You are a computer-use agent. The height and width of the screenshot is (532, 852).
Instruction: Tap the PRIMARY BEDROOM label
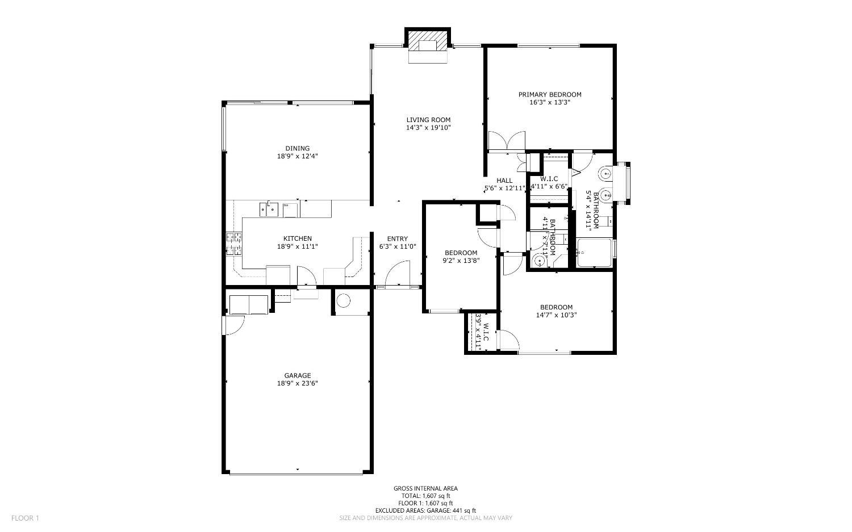tap(549, 95)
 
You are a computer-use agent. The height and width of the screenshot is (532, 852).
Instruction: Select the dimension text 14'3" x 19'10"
tap(428, 128)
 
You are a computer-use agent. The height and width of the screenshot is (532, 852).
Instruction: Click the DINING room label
tap(298, 148)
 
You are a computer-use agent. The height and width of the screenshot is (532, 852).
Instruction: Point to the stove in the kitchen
tap(234, 244)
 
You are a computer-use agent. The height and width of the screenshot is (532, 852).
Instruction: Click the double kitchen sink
tap(269, 210)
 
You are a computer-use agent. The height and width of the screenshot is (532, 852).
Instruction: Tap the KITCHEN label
tap(298, 238)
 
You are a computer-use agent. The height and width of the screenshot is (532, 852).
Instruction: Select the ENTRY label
tap(397, 238)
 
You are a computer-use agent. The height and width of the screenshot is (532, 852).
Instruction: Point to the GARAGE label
tap(298, 375)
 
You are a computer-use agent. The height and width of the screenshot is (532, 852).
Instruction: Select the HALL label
tap(504, 181)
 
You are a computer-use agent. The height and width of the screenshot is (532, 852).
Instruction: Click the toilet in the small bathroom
tap(539, 261)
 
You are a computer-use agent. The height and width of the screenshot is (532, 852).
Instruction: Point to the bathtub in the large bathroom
tap(594, 252)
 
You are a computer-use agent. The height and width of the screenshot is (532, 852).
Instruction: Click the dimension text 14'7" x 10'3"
tap(556, 315)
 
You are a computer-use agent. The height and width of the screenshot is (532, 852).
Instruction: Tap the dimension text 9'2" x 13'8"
tap(461, 261)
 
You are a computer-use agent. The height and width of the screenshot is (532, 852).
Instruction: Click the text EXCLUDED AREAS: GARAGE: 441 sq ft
tap(425, 510)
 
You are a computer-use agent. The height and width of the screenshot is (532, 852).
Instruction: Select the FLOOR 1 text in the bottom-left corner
tap(25, 518)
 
